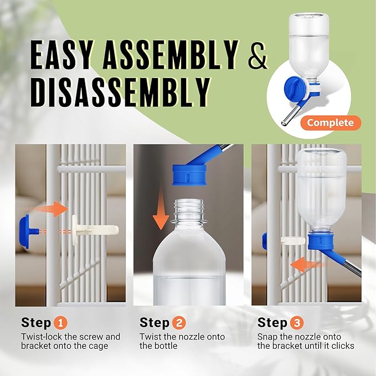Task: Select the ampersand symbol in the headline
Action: [257, 56]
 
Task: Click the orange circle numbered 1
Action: [60, 322]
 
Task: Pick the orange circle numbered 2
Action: [179, 322]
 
